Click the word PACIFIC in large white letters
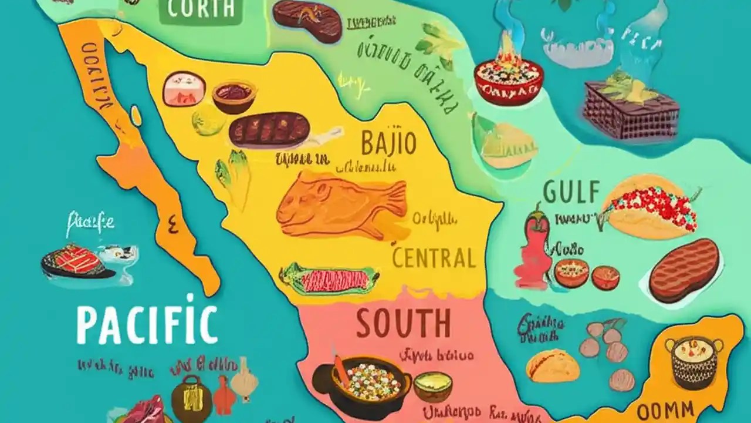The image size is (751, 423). click(147, 324)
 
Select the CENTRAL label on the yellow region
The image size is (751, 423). click(434, 258)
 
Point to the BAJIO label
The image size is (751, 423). click(388, 143)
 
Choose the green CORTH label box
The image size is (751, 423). click(201, 10)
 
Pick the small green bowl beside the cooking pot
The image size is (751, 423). click(433, 387)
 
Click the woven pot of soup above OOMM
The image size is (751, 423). click(695, 362)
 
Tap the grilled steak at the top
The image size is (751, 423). click(307, 21)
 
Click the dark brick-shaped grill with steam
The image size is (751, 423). click(631, 108)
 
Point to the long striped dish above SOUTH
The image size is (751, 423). click(329, 278)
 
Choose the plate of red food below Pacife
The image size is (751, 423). click(78, 263)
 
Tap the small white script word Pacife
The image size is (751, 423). click(90, 223)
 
